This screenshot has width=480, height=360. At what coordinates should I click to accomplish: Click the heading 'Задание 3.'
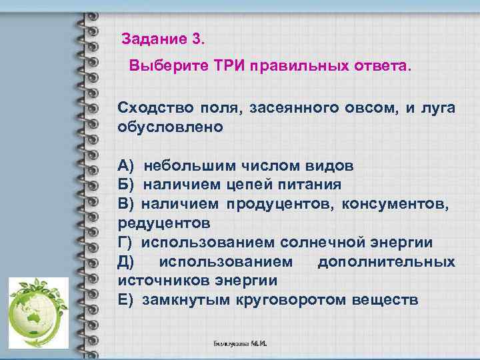click(165, 39)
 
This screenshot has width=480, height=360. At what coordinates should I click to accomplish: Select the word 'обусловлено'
click(170, 126)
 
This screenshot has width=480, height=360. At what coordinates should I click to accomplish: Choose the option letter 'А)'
click(127, 165)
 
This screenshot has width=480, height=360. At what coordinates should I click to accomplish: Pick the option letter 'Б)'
click(127, 184)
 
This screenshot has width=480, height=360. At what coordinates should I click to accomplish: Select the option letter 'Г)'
click(126, 242)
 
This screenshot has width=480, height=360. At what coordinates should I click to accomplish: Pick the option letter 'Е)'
click(126, 299)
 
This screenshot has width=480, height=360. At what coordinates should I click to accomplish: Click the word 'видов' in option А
click(331, 165)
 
